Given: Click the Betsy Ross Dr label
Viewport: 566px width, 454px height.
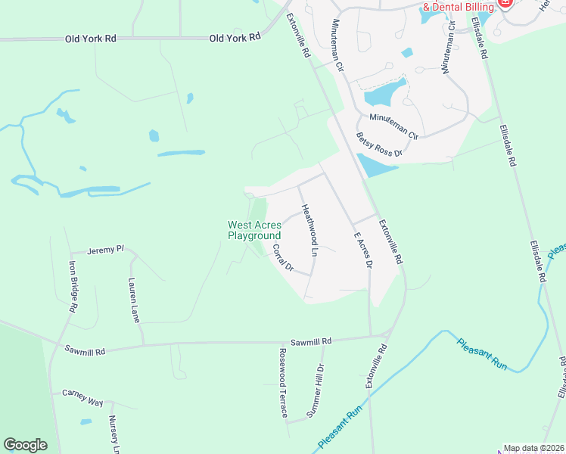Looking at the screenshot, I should tap(378, 145).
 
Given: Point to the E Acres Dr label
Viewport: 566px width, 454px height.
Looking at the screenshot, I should tap(363, 250).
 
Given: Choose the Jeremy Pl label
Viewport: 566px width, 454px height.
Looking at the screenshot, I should tap(105, 250).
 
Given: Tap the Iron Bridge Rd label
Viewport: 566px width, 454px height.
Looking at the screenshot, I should tap(73, 288).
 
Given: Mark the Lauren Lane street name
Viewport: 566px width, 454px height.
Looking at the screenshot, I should tap(135, 299).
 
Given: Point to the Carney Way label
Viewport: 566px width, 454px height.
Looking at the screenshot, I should tap(82, 398).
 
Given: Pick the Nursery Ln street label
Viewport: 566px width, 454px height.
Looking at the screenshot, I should tap(114, 434).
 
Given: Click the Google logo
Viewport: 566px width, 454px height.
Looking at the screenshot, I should tap(25, 445).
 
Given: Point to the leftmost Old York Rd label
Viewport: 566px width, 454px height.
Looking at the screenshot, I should tap(91, 39).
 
